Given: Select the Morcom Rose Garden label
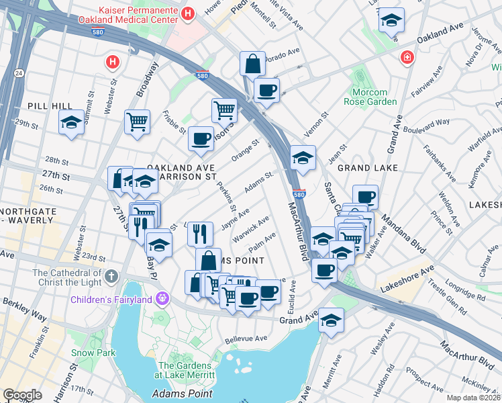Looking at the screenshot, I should coord(370,97).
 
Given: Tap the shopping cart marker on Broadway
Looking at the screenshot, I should coord(137,122).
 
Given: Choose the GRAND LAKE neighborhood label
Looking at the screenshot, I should coord(368,167).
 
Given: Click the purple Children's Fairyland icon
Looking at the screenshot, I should coord(162,298).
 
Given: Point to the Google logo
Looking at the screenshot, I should coord(22,395).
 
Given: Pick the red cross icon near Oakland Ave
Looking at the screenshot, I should coord(406,58).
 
